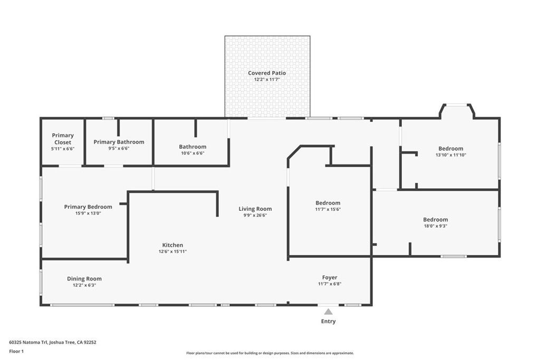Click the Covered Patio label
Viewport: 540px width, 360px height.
click(x=267, y=73)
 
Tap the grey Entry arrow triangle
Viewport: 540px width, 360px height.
click(x=329, y=312)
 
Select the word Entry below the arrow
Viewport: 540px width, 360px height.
click(x=328, y=321)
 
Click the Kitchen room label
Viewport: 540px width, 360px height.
click(x=172, y=245)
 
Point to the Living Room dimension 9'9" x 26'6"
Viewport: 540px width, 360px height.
click(x=255, y=216)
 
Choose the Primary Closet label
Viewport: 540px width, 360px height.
click(x=63, y=139)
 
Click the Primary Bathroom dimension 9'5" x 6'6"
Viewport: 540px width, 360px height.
click(x=119, y=149)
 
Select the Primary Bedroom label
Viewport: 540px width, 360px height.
click(x=88, y=207)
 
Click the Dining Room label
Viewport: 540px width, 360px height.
click(x=84, y=279)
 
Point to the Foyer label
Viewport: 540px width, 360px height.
click(x=330, y=277)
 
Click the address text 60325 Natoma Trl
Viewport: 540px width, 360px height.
click(x=28, y=343)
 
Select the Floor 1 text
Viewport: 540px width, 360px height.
click(x=16, y=352)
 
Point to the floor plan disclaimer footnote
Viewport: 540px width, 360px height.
click(x=270, y=353)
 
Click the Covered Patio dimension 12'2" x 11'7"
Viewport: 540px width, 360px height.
click(x=267, y=80)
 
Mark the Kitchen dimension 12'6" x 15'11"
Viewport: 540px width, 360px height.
click(x=172, y=251)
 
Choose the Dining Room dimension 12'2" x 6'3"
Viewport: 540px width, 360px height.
click(x=84, y=285)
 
